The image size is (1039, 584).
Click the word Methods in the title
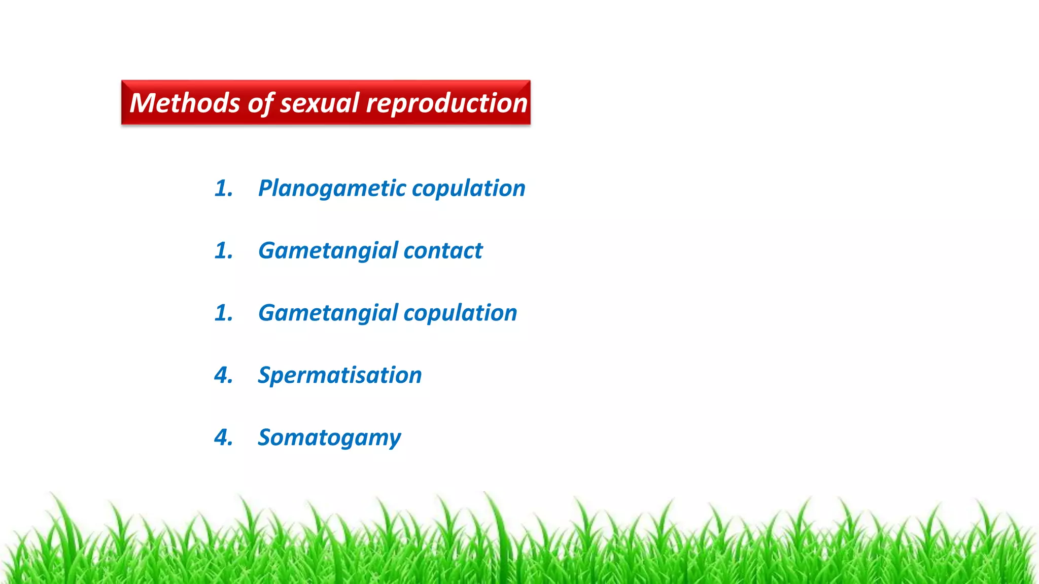tap(185, 103)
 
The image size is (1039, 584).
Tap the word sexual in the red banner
tap(320, 103)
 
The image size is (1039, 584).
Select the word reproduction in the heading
tap(446, 104)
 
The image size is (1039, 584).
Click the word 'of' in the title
tap(261, 104)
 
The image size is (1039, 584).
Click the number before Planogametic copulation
tap(224, 189)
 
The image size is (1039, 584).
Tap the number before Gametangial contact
tap(224, 250)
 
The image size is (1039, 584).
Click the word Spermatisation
tap(339, 376)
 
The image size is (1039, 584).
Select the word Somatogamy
tap(329, 438)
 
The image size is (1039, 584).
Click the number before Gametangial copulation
tap(224, 313)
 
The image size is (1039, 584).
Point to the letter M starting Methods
tap(142, 103)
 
